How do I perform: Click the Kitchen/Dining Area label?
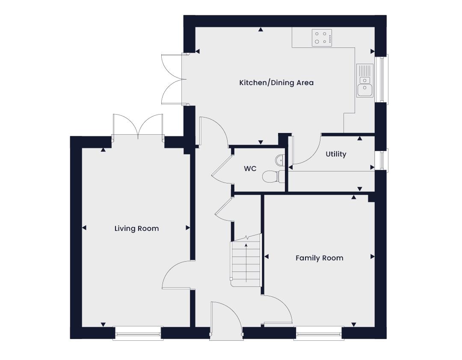tap(276, 83)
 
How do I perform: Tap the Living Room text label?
tap(137, 229)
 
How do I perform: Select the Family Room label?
tap(320, 258)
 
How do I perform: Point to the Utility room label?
tap(336, 154)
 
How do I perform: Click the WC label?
tap(250, 168)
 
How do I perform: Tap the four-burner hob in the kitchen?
tap(322, 38)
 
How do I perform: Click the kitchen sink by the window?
tap(365, 80)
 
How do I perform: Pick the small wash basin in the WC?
tap(280, 160)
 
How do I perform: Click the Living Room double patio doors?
tap(138, 127)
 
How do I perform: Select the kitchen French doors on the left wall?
tap(174, 79)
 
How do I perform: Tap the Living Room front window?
tap(138, 334)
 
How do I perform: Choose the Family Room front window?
tap(320, 334)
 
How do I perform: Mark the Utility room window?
tap(382, 160)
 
